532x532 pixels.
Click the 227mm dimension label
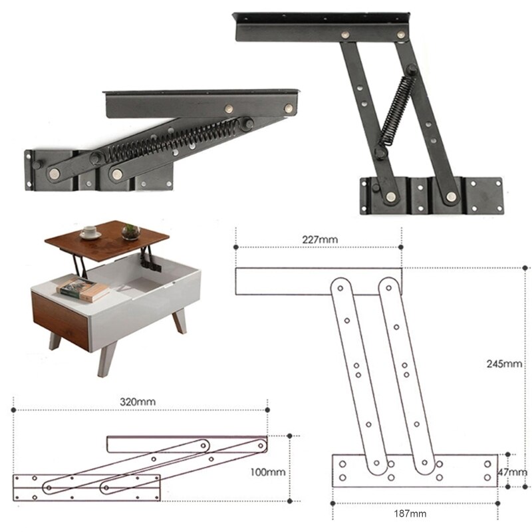[319, 239]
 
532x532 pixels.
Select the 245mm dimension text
[504, 364]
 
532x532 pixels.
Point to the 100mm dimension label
[268, 471]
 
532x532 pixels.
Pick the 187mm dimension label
[410, 513]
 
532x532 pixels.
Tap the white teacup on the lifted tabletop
[90, 233]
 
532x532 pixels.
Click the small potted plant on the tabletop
[131, 231]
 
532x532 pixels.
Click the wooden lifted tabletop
[110, 240]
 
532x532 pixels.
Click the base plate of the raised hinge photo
[431, 196]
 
